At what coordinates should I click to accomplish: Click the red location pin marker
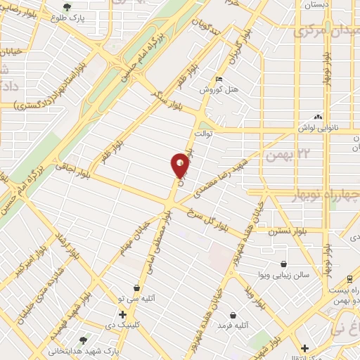click(x=180, y=165)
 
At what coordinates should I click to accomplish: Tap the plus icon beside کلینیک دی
click(x=122, y=314)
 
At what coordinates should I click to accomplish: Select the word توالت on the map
click(x=202, y=132)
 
